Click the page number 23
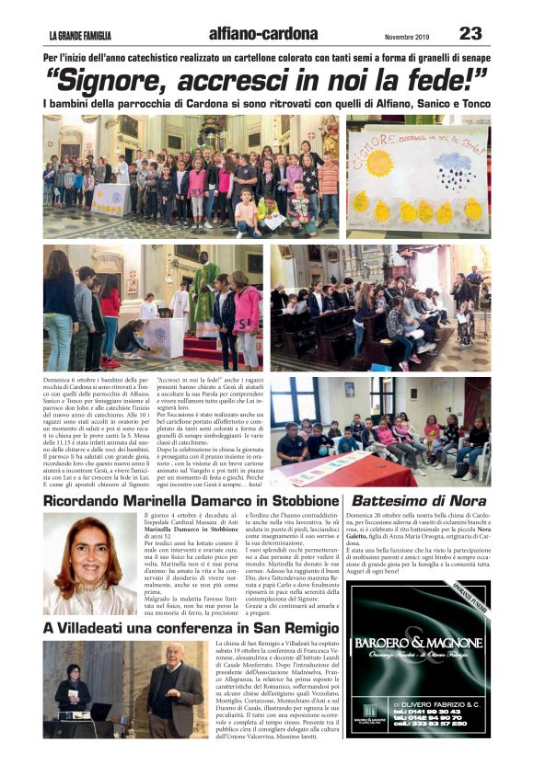[470, 34]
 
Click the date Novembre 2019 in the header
[408, 36]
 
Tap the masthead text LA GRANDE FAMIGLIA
[80, 36]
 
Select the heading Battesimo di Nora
[419, 501]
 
